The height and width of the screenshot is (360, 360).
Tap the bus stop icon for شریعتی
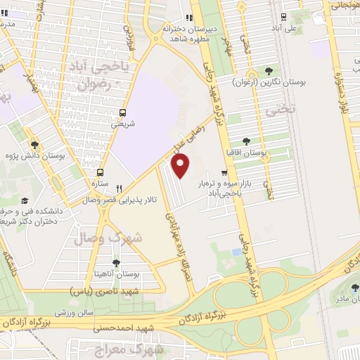[x=123, y=112]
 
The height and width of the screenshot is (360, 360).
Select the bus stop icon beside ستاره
[x=100, y=172]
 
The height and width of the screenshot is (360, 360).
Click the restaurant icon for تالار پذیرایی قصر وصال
[x=119, y=188]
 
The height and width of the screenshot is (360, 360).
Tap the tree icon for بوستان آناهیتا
[x=116, y=262]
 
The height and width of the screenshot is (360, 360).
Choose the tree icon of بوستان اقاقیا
[x=245, y=141]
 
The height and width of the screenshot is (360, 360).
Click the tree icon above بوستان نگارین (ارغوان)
[x=269, y=70]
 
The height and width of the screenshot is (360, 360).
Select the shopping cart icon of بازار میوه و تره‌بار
[x=224, y=172]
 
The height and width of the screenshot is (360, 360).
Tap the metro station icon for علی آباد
[x=283, y=18]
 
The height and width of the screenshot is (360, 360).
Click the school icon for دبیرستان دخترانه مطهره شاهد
[x=188, y=18]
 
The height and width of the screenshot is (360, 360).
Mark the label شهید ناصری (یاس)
[x=106, y=290]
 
